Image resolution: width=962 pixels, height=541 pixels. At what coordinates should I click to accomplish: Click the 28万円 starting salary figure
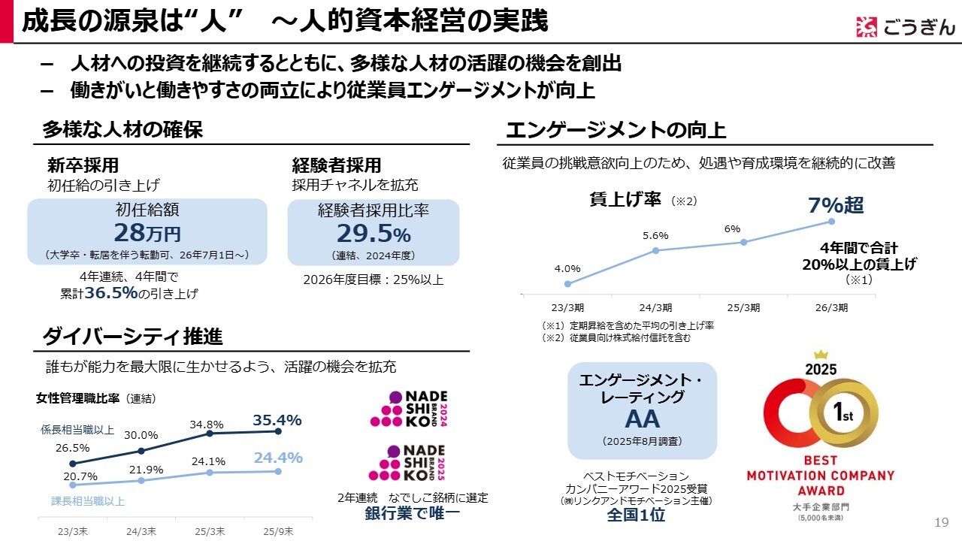pos(147,232)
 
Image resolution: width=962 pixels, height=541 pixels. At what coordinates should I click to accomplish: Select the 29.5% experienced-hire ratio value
pos(374,232)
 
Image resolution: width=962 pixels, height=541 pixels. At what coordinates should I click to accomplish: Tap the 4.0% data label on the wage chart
pos(567,268)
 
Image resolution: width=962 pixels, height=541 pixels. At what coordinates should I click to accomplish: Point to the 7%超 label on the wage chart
pos(836,204)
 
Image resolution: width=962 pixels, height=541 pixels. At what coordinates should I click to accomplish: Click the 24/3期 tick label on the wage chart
pos(655,307)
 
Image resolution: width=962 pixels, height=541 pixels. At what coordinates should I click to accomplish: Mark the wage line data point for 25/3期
pos(743,242)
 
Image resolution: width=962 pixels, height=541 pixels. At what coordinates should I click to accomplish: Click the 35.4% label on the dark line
pos(277,420)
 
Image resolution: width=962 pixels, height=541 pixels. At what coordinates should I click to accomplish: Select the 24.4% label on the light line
pos(278,458)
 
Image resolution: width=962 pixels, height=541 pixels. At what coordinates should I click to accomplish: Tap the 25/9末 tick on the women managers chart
pos(278,531)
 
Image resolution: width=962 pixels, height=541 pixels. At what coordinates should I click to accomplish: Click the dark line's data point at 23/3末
pos(72,464)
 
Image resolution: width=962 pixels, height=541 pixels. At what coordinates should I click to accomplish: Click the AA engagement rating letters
pos(642,419)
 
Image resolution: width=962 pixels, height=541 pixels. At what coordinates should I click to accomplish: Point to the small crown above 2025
pos(820,354)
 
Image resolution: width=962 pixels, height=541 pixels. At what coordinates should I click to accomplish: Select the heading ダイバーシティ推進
pos(132,335)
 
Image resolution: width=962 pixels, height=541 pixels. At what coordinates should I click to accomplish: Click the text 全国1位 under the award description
pos(636,515)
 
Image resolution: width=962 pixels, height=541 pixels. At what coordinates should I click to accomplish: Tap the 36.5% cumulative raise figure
pos(111,294)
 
